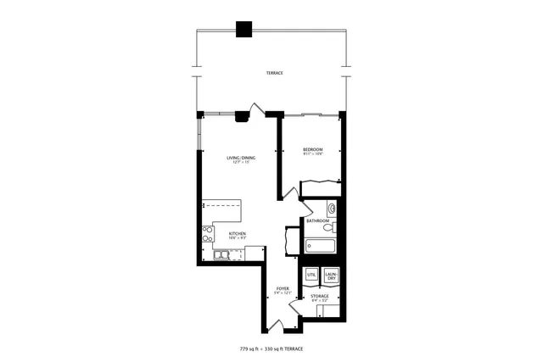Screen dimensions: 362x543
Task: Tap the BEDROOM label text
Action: [x=313, y=150]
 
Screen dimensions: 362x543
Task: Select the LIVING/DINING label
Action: [x=241, y=158]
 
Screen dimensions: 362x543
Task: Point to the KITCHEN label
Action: [x=238, y=233]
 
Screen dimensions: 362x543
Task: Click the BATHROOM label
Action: [x=318, y=220]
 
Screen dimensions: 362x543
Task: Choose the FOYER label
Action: [x=283, y=289]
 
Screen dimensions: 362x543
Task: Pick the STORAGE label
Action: [x=320, y=296]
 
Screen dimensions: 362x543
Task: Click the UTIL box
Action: [x=311, y=276]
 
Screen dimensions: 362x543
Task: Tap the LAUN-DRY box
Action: [x=331, y=276]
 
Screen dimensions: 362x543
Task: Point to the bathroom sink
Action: [x=332, y=208]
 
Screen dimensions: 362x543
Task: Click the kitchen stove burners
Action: [x=206, y=235]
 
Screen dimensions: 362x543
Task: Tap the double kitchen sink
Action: [x=220, y=254]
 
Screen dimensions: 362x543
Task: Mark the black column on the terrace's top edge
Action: [x=244, y=29]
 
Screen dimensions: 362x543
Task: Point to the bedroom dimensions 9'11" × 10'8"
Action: [x=313, y=154]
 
